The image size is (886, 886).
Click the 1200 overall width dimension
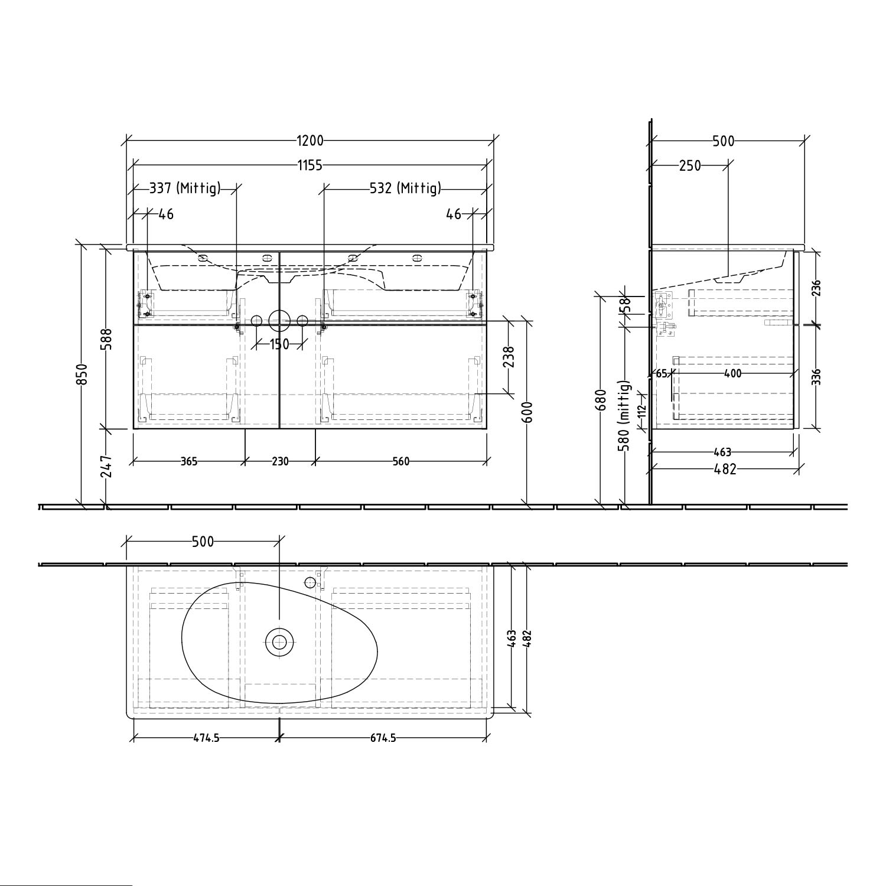point(310,141)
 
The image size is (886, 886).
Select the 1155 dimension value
point(310,165)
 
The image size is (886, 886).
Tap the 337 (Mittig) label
point(185,188)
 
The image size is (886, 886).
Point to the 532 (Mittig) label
point(405,188)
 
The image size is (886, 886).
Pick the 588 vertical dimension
point(107,339)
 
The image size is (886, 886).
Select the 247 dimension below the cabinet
point(107,467)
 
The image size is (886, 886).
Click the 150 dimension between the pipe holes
point(279,344)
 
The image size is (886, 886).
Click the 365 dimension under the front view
point(188,461)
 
